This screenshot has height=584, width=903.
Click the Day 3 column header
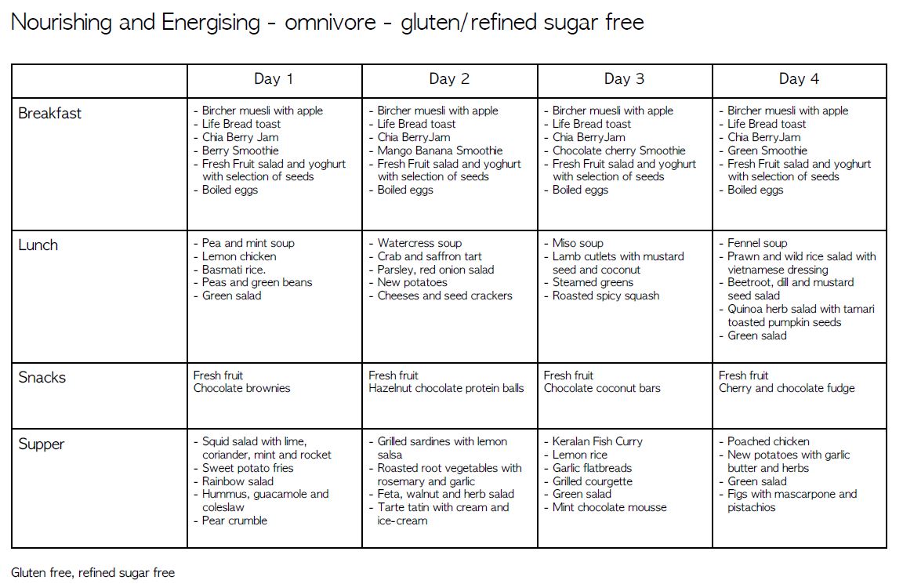pyautogui.click(x=624, y=79)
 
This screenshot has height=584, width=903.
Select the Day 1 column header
pyautogui.click(x=274, y=79)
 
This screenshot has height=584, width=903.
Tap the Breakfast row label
pyautogui.click(x=49, y=113)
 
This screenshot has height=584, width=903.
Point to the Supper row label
pyautogui.click(x=42, y=444)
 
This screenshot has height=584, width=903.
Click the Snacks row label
pyautogui.click(x=42, y=377)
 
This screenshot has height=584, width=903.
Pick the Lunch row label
pyautogui.click(x=38, y=245)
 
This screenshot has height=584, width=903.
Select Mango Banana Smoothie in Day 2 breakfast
pyautogui.click(x=440, y=151)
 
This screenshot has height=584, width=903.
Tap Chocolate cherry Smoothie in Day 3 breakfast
pyautogui.click(x=618, y=151)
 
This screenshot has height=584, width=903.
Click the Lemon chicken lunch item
pyautogui.click(x=239, y=256)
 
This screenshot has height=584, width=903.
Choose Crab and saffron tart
pyautogui.click(x=430, y=256)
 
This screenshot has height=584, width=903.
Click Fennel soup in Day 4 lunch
pyautogui.click(x=757, y=243)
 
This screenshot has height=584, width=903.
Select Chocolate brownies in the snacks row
pyautogui.click(x=241, y=388)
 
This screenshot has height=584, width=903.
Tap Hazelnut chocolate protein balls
pyautogui.click(x=446, y=388)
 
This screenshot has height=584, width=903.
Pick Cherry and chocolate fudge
pyautogui.click(x=786, y=388)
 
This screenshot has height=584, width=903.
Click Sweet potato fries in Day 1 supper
pyautogui.click(x=248, y=468)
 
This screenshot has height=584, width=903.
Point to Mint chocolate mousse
pyautogui.click(x=609, y=507)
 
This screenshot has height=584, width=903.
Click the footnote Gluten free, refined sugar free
pyautogui.click(x=92, y=572)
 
